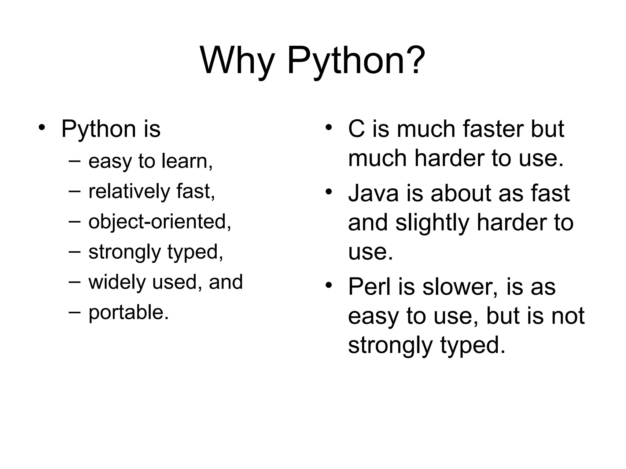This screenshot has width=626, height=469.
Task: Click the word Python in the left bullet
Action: (x=98, y=129)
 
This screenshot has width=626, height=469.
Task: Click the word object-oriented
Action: (x=159, y=222)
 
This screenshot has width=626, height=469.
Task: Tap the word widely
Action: (x=117, y=282)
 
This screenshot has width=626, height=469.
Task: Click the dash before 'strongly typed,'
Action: (x=75, y=251)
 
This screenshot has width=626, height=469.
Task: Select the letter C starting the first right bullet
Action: (x=356, y=129)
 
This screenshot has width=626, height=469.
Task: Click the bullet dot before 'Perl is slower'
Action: (x=329, y=285)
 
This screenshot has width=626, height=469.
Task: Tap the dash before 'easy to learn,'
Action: (x=75, y=160)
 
